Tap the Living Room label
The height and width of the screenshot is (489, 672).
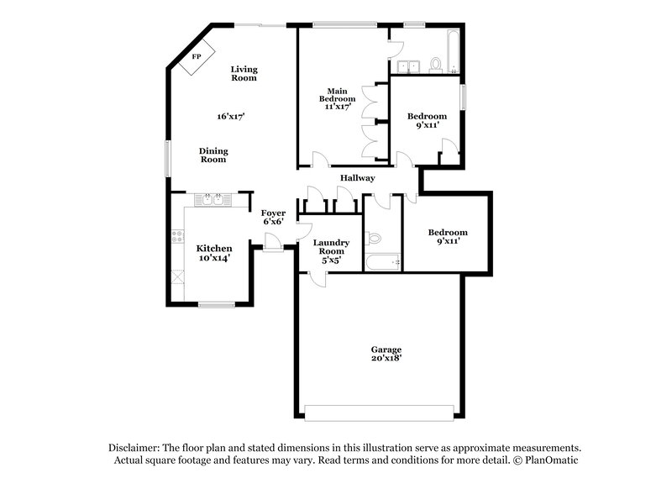(x=244, y=73)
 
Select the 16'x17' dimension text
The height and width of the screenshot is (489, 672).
(x=230, y=116)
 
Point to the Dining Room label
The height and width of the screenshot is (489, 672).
(x=213, y=155)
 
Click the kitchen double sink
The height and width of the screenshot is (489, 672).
(x=211, y=200)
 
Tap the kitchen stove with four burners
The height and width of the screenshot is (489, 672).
(x=177, y=236)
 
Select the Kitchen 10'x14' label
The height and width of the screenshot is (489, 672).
(x=214, y=253)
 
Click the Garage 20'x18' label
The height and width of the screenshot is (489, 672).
(x=386, y=353)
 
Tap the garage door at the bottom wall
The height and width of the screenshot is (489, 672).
(x=380, y=413)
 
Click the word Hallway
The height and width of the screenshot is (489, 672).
(x=357, y=178)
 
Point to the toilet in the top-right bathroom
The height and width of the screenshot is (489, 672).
(x=436, y=64)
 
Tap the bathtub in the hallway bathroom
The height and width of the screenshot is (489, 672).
(x=383, y=262)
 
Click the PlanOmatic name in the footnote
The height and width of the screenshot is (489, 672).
(x=554, y=460)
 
